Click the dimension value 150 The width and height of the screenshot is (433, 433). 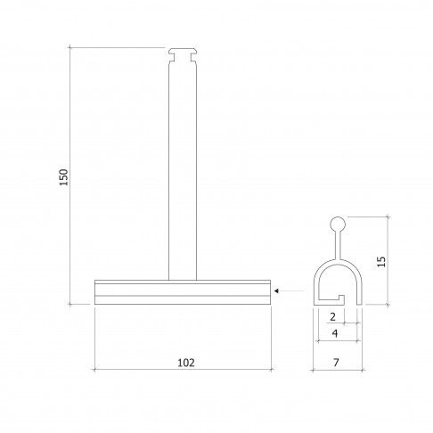(64, 177)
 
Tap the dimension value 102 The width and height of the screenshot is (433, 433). (186, 363)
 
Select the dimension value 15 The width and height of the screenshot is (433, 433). (381, 261)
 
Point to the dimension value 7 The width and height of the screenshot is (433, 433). (336, 363)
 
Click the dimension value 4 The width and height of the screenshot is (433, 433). (335, 333)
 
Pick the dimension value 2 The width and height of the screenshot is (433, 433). (332, 317)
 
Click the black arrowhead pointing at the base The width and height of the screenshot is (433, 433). (276, 291)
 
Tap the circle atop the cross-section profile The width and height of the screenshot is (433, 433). (338, 224)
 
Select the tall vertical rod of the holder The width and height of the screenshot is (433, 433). (183, 171)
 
